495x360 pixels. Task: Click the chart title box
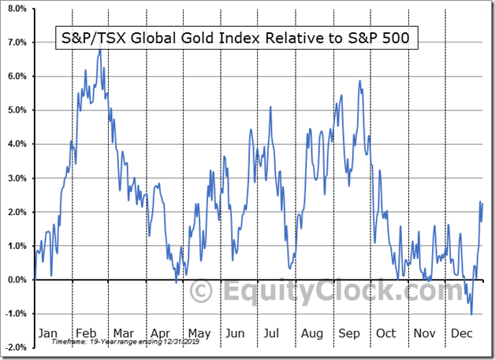point(234,37)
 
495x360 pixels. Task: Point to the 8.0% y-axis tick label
point(16,9)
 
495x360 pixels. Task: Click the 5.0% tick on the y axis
point(16,110)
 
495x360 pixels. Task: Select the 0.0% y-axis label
point(16,280)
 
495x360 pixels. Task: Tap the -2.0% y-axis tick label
point(16,347)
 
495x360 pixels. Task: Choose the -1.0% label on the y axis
point(16,314)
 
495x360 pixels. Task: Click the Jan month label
point(48,333)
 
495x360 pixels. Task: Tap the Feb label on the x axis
point(87,333)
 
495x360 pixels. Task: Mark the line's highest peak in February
point(100,50)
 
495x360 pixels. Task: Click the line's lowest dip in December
point(471,314)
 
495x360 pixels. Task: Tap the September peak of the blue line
point(359,80)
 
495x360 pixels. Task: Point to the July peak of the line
point(270,107)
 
